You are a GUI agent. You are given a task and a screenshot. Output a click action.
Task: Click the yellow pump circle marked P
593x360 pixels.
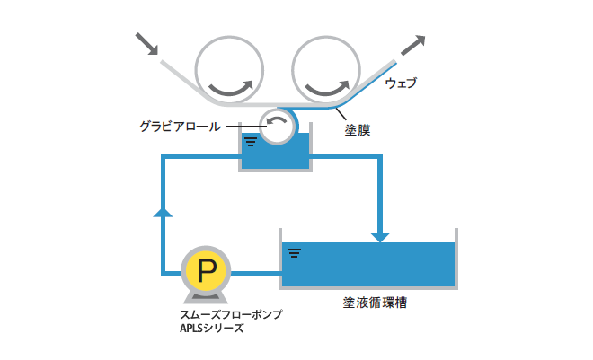point(206,270)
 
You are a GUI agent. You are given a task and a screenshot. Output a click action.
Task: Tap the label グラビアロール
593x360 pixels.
point(181,127)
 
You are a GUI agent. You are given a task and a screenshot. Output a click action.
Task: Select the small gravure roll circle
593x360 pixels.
point(278,127)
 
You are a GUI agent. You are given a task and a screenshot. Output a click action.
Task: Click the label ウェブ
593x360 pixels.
point(401,83)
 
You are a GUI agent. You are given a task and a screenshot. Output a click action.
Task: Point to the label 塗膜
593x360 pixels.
point(358,130)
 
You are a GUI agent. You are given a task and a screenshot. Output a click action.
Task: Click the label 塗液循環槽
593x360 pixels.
point(375,303)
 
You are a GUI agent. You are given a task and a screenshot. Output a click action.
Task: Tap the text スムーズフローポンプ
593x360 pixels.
point(231,314)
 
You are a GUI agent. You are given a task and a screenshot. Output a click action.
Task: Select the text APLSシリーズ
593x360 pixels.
point(212,328)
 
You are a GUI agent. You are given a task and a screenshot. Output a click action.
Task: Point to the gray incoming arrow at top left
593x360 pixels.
point(146,44)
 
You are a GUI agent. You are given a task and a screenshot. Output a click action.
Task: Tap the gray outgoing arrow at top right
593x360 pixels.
point(413,45)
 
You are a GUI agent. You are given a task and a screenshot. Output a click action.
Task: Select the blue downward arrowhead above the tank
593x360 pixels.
point(380,237)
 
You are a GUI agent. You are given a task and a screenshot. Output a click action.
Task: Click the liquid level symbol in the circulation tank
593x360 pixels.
point(294,252)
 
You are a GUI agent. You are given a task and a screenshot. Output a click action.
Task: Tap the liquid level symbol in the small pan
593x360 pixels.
point(251,142)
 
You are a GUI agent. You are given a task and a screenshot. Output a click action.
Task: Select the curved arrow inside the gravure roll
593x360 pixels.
point(277,119)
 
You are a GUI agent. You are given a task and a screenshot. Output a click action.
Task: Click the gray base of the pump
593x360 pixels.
point(206,298)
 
